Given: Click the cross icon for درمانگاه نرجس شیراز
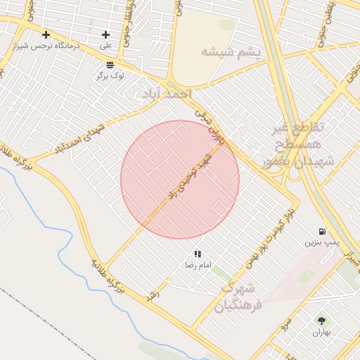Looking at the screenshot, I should click(x=46, y=34).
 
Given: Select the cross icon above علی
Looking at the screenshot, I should click(x=105, y=34).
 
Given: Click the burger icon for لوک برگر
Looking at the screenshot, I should click(x=110, y=64).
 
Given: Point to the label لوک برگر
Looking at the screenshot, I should click(x=110, y=75).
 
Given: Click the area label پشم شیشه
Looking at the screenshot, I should click(x=231, y=52).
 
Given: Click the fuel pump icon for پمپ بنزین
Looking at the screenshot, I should click(x=322, y=231).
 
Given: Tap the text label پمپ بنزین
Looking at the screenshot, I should click(x=321, y=242).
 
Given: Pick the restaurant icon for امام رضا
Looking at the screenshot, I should click(x=198, y=254).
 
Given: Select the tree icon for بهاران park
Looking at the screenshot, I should click(x=321, y=321).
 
